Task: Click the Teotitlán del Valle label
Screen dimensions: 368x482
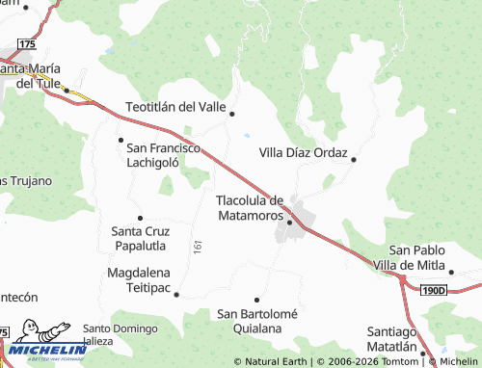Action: [x=175, y=106]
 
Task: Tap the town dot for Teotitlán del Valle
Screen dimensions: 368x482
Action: [x=232, y=114]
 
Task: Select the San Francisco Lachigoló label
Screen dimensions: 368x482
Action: [x=162, y=155]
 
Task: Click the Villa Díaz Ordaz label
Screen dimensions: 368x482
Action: [x=305, y=152]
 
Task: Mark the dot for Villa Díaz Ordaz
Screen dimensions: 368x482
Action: [x=354, y=159]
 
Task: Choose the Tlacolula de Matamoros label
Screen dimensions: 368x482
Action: [x=249, y=208]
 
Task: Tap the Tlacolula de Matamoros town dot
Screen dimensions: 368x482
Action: [x=289, y=221]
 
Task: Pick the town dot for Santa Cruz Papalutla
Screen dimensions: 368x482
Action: [x=140, y=218]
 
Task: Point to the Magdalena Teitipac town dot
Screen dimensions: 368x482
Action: [x=175, y=295]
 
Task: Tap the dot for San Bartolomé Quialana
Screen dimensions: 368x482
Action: [x=256, y=300]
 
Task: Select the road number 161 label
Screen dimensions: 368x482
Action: [x=198, y=248]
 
